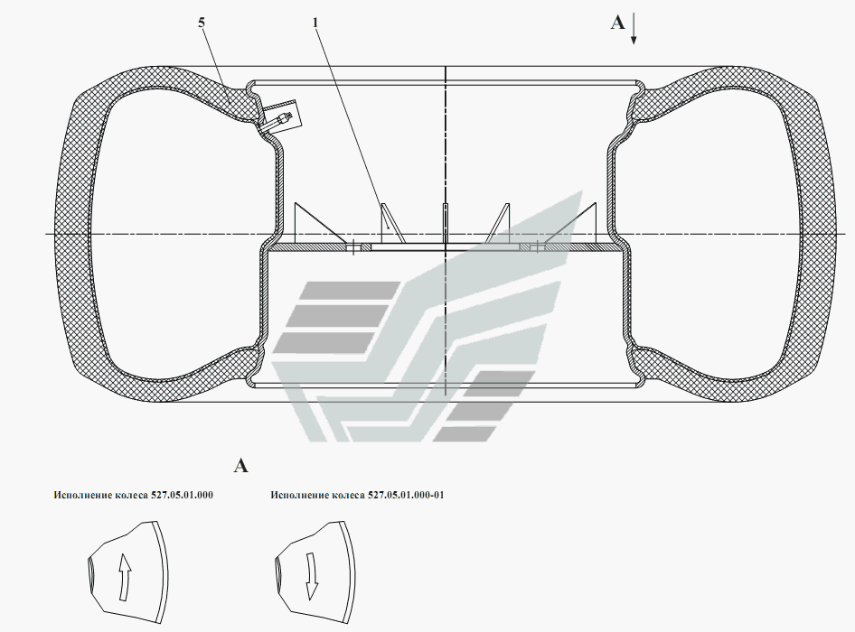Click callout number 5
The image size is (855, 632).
pos(202,23)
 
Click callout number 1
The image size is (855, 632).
pos(315,23)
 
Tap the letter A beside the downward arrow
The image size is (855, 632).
pos(617,23)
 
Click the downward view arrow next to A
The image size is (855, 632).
pos(634,30)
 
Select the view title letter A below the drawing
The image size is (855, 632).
pos(240,466)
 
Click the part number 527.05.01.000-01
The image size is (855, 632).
pos(406,495)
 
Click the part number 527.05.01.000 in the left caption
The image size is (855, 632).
pos(183,495)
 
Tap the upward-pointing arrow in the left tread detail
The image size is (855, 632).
pos(125,578)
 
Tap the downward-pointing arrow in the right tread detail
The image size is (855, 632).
pos(311,576)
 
